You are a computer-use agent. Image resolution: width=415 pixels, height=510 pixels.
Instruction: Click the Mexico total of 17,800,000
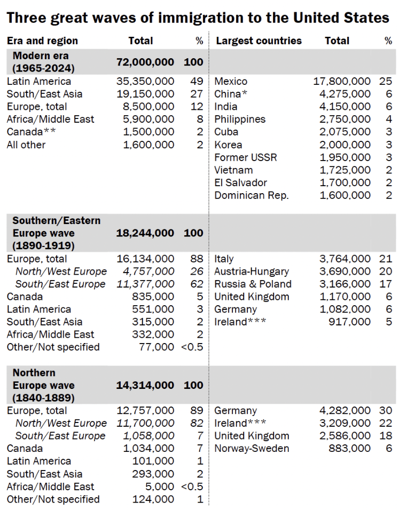341,81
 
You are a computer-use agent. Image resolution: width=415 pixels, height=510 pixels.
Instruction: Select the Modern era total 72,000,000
145,62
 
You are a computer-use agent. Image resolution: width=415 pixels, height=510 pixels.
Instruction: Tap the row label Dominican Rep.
251,195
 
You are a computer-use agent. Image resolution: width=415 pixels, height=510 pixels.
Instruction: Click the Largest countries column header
259,41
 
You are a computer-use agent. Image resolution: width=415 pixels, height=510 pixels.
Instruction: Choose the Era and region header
42,41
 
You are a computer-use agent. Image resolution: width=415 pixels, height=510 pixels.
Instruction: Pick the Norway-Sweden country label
252,449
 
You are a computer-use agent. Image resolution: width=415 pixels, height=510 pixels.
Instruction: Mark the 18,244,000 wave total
145,233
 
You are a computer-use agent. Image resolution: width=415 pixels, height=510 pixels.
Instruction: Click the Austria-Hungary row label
252,272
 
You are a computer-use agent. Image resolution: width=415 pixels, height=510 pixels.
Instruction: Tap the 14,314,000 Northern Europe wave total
145,385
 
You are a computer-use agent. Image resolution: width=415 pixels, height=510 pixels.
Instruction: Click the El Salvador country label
240,182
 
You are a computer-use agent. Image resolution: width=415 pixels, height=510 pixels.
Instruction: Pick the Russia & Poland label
253,284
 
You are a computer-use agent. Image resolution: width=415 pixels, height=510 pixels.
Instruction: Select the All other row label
26,145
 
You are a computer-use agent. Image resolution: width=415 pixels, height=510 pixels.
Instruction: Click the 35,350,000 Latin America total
145,81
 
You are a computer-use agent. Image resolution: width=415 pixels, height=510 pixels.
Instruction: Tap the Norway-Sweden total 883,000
350,449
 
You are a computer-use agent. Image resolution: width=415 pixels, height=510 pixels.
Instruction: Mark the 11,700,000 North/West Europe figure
145,423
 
